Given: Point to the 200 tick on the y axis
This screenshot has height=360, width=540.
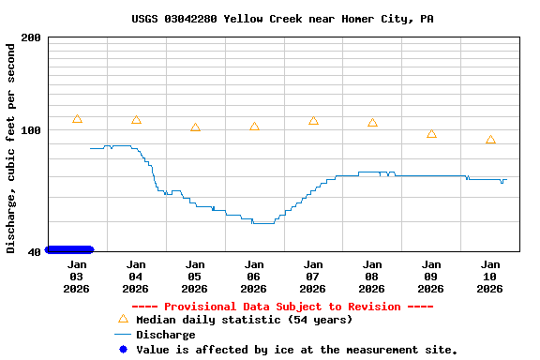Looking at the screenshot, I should (31, 37).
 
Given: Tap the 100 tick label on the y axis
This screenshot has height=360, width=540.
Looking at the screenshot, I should (31, 130).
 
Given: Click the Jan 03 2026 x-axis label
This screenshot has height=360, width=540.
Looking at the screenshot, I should (77, 277).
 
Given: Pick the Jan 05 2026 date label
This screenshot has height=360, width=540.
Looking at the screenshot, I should (195, 277).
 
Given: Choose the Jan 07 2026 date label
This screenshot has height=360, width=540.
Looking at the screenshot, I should (313, 277).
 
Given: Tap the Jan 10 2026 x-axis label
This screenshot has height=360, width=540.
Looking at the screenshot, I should (490, 277).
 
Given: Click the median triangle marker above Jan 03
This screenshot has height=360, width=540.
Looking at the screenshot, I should (77, 119).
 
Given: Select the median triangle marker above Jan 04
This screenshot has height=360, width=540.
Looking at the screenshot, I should (136, 120).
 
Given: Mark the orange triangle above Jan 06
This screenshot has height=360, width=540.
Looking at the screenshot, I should (254, 127).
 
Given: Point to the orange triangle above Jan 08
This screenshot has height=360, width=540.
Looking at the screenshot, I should (372, 123).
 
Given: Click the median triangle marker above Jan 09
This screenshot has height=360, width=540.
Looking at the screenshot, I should (431, 134).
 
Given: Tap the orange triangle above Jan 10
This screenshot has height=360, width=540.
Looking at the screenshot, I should (490, 140).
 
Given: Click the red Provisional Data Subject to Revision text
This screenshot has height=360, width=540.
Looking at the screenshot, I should (282, 307).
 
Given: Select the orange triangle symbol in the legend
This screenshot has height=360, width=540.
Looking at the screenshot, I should (123, 320).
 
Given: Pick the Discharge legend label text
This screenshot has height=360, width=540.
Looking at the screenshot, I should (166, 335).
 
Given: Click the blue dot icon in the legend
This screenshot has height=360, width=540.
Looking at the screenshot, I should (123, 350).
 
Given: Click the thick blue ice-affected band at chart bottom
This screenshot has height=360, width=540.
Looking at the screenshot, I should (69, 249).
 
